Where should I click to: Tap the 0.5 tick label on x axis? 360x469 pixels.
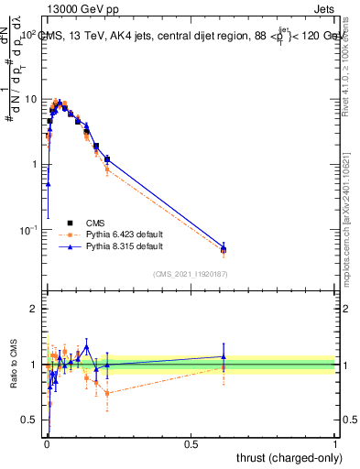[x=191, y=443]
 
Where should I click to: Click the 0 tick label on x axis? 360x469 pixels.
[x=46, y=443]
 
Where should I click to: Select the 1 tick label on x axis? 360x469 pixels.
[x=335, y=443]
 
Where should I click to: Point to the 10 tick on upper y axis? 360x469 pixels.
[x=31, y=99]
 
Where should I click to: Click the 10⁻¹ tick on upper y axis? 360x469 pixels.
[x=29, y=230]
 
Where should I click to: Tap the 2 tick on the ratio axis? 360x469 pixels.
[x=34, y=310]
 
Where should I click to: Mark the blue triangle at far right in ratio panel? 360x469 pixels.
[x=223, y=356]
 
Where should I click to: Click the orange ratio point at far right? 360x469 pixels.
[x=223, y=368]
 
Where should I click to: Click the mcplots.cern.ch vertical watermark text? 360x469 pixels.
[x=349, y=211]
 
